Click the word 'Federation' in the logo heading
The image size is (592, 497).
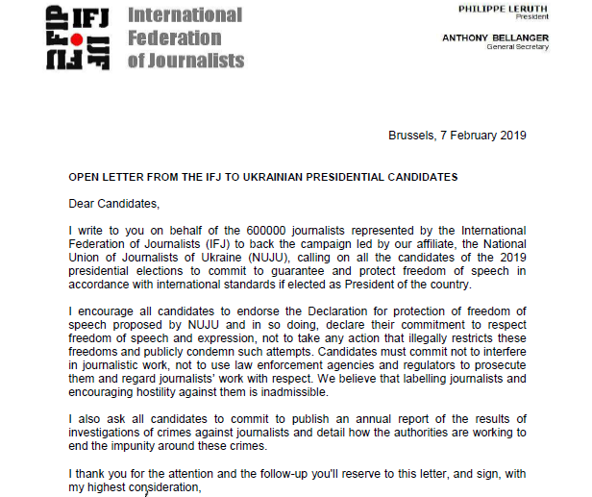174,38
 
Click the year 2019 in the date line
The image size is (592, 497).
511,136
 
